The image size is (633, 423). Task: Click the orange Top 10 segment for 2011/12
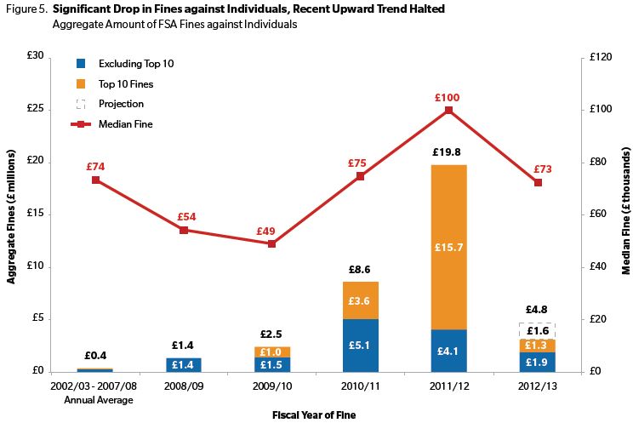[x=449, y=247]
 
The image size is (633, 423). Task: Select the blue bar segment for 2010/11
[x=360, y=346]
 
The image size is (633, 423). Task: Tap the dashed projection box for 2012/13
[x=538, y=331]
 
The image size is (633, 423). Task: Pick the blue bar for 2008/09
[x=183, y=364]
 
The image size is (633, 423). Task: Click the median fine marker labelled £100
[x=449, y=110]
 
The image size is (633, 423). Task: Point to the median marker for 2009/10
[x=271, y=243]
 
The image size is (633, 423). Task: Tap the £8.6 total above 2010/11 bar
[x=360, y=269]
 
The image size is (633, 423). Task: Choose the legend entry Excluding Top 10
[x=135, y=64]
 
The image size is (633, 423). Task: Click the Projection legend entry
[x=121, y=104]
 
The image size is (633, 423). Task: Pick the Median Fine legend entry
[x=126, y=124]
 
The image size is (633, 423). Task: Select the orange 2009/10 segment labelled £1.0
[x=271, y=352]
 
